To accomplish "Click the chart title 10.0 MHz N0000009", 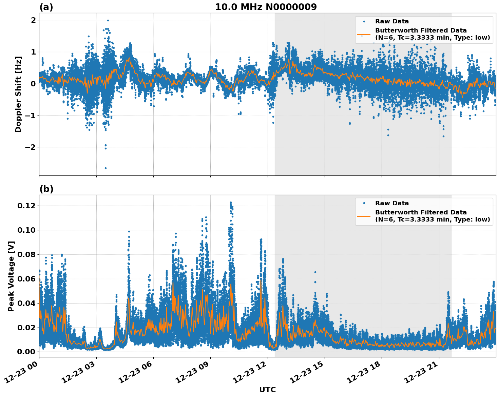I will click(266, 7).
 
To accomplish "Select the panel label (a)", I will click(46, 7).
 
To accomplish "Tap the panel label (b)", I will click(46, 189).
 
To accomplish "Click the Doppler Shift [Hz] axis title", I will click(18, 94).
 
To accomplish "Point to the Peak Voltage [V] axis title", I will click(11, 276).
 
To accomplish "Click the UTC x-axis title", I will click(267, 390).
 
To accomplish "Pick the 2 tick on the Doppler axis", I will click(33, 20).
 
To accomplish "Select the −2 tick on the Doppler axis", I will click(31, 147).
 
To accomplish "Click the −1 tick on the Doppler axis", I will click(31, 116).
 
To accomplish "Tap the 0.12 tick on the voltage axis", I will click(27, 206).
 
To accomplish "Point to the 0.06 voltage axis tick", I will click(27, 279).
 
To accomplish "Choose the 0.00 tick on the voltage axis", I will click(27, 352).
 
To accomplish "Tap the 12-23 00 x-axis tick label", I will click(22, 374).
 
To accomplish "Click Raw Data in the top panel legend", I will click(392, 22).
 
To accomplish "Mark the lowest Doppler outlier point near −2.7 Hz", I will click(105, 168).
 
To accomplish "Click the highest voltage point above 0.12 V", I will click(231, 203).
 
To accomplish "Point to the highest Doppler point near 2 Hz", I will click(108, 20).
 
